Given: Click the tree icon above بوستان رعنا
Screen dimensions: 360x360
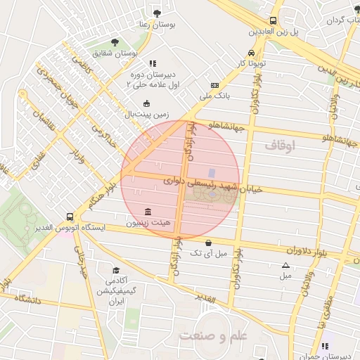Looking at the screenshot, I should [x=156, y=13].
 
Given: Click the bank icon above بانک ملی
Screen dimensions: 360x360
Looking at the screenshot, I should [x=215, y=84].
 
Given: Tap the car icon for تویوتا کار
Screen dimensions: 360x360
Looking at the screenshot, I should [x=251, y=53].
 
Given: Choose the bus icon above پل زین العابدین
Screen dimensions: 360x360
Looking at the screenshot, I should [x=272, y=21].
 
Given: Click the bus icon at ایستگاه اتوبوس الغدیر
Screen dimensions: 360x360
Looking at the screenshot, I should [x=69, y=217].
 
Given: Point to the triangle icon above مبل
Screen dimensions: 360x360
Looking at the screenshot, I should [x=285, y=265].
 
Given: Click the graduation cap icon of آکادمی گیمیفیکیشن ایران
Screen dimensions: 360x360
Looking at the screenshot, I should [x=116, y=271].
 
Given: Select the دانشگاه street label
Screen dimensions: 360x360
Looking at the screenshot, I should [x=26, y=300].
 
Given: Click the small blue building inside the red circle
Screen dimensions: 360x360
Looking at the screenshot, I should [x=212, y=173].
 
